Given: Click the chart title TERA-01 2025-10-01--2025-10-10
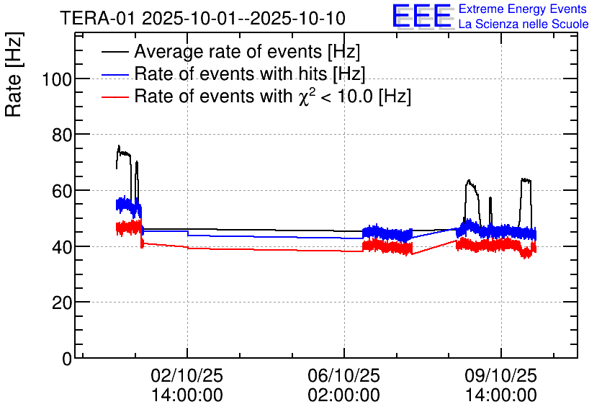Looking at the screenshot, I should [202, 18].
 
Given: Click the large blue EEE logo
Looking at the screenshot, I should [422, 16].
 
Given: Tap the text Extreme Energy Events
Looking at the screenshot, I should [524, 9].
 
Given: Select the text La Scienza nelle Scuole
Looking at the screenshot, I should [524, 24].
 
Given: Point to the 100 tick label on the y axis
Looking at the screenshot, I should [56, 79].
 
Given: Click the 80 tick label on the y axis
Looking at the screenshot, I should [61, 135].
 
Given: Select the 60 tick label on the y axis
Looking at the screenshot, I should [61, 191].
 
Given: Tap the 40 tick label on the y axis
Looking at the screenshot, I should [61, 247].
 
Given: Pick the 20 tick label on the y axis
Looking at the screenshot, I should [61, 303].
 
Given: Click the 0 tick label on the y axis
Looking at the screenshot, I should [67, 359].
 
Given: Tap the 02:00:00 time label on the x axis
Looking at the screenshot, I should [343, 395].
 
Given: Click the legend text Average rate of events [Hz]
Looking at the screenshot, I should [247, 52].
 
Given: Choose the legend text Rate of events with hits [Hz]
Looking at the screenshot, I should [249, 73].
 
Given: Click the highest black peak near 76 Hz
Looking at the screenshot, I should [119, 146].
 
